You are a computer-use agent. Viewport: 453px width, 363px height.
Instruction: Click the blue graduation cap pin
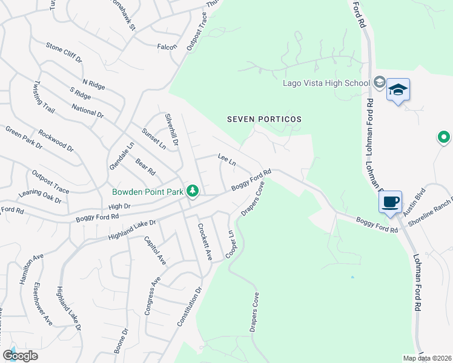tap(397, 90)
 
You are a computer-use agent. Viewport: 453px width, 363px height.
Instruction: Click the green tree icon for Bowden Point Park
tap(193, 191)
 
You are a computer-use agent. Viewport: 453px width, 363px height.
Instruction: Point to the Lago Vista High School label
tap(326, 83)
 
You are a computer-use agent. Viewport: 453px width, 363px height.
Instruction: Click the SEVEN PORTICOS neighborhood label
tap(264, 119)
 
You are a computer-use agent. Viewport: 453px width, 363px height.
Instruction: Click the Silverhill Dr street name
tap(171, 129)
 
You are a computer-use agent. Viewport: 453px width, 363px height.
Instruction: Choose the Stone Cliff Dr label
tap(64, 52)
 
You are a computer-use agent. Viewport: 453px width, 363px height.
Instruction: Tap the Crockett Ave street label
tap(204, 242)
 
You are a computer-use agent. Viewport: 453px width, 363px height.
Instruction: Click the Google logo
tap(20, 355)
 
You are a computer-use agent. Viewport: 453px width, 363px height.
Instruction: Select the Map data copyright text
tap(427, 358)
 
